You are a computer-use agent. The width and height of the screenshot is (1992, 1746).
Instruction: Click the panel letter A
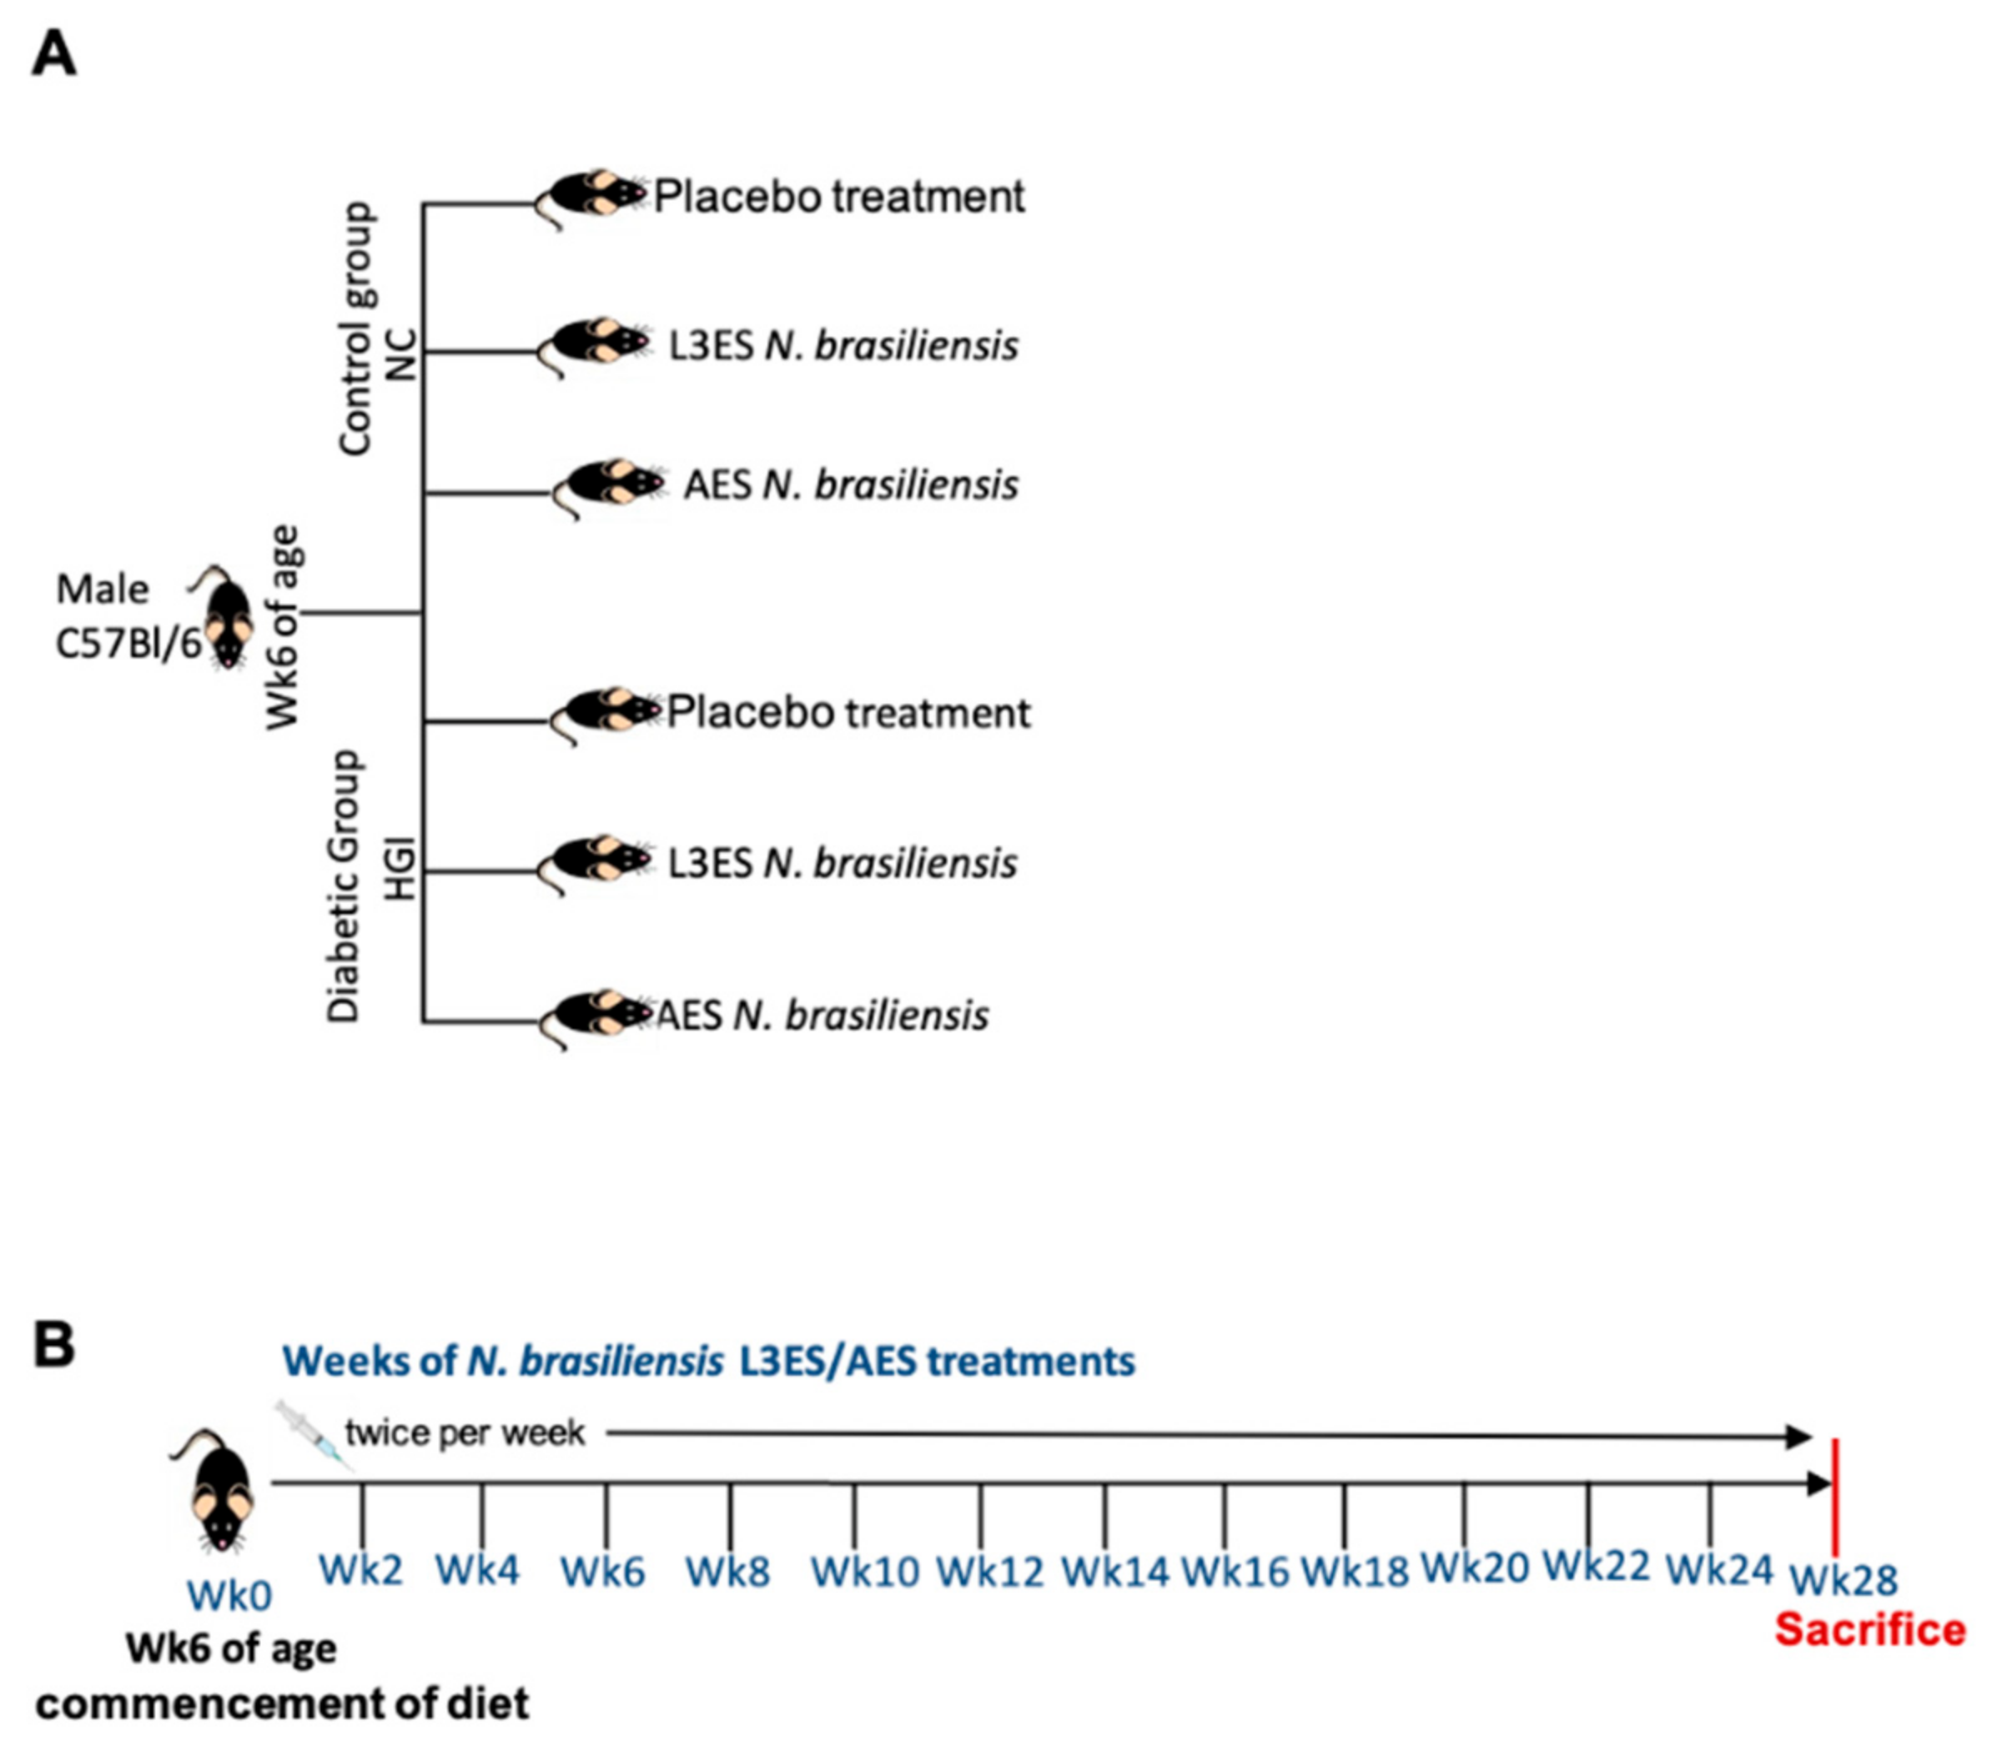tap(53, 53)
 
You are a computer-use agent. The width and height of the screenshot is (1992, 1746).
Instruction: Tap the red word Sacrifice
tap(1869, 1630)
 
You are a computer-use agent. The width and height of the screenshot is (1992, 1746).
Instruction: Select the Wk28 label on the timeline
tap(1844, 1579)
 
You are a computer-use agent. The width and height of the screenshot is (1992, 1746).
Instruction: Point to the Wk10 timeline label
tap(865, 1572)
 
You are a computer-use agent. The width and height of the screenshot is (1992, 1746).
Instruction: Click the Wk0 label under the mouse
tap(229, 1595)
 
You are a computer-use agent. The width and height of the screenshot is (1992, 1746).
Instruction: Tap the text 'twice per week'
tap(465, 1433)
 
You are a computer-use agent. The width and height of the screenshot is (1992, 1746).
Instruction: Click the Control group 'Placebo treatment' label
tap(839, 197)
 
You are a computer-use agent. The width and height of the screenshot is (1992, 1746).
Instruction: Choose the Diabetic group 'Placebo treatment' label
tap(848, 713)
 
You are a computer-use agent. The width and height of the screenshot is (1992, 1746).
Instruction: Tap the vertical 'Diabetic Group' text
tap(344, 886)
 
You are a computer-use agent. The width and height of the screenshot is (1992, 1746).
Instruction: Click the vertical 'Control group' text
tap(355, 329)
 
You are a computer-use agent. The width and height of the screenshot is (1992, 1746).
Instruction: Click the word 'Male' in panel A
tap(103, 590)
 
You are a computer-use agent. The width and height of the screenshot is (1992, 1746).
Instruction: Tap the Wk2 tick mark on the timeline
tap(363, 1510)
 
